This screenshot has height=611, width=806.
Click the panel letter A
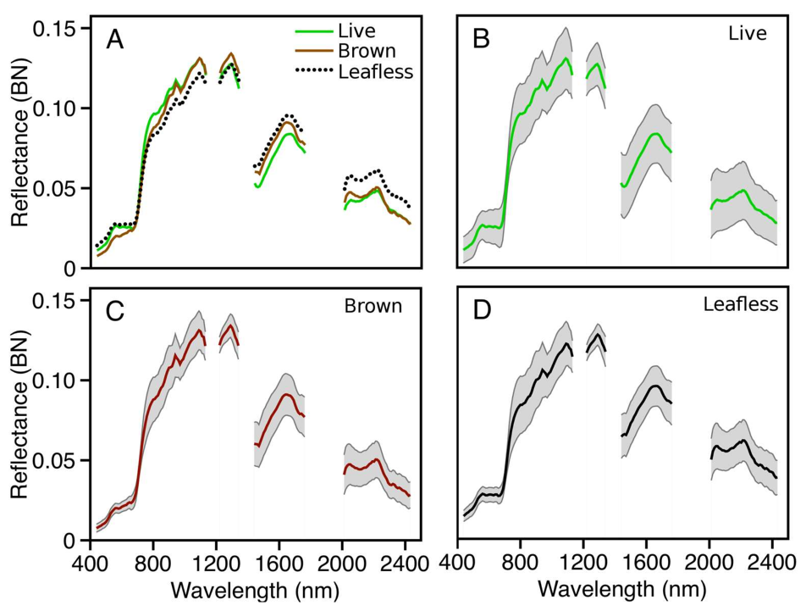coord(114,40)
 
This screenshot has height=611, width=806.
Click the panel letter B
coord(481,40)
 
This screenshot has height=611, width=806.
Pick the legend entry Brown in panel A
coord(366,52)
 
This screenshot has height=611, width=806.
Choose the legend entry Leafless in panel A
coord(375,72)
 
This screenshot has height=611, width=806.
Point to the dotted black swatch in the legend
coord(312,72)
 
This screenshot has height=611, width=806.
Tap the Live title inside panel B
coord(747,34)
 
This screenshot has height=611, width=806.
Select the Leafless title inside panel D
coord(740,304)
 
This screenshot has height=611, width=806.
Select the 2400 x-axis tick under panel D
coord(771,562)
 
